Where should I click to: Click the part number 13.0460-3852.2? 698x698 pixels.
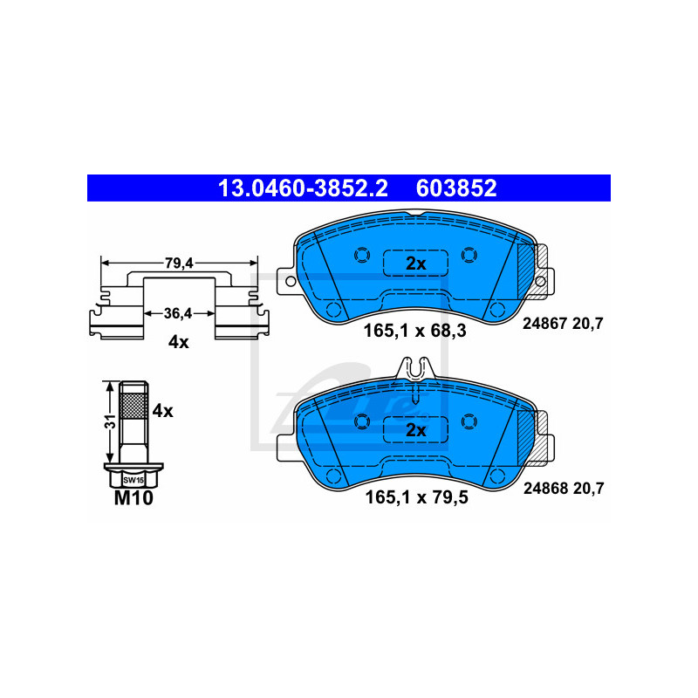tap(303, 188)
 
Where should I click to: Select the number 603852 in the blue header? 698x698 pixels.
tap(455, 188)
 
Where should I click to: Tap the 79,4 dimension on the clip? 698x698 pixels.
tap(179, 263)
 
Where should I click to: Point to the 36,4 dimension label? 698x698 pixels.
tap(178, 313)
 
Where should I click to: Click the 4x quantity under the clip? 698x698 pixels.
tap(179, 342)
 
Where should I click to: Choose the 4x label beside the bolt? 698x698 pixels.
tap(162, 411)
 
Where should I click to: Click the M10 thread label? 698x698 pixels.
tap(133, 497)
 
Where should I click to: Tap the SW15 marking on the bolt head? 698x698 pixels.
tap(133, 481)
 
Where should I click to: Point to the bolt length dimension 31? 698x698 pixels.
tap(111, 421)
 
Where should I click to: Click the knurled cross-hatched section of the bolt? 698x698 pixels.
tap(133, 406)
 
